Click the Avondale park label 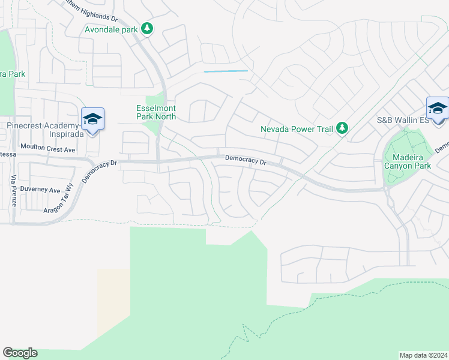coord(111,29)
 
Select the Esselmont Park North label coord(155,112)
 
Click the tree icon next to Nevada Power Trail coord(342,128)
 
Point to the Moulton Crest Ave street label coord(48,147)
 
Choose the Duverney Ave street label coord(40,190)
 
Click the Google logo coord(20,353)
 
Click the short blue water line coord(226,71)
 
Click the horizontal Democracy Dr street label coord(246,160)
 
